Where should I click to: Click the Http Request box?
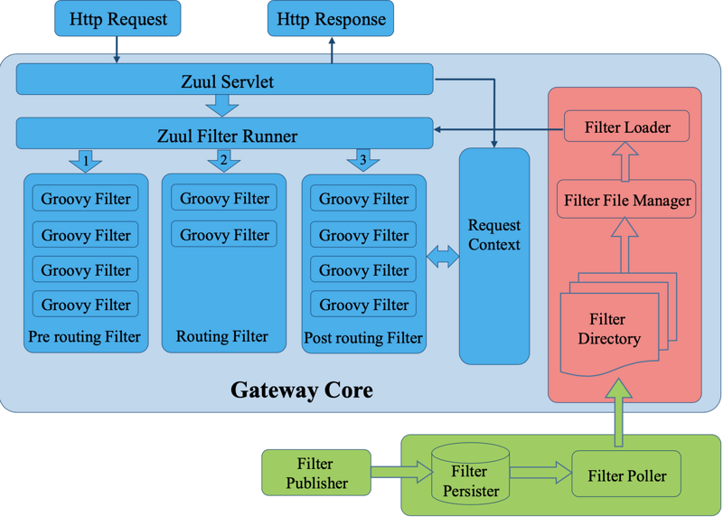117,18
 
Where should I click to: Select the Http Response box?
331,18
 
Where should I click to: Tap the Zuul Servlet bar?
224,80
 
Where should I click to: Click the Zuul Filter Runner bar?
224,136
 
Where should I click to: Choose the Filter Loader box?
627,127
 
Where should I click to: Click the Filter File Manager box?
627,200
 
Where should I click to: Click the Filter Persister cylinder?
469,473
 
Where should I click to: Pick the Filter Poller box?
626,475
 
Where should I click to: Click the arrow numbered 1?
85,161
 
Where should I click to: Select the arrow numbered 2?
223,161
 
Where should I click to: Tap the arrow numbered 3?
363,161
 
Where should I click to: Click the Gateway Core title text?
301,390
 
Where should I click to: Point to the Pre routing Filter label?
85,337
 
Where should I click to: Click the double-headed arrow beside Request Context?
443,257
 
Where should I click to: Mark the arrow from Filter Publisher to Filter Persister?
400,471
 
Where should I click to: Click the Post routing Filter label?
363,338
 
